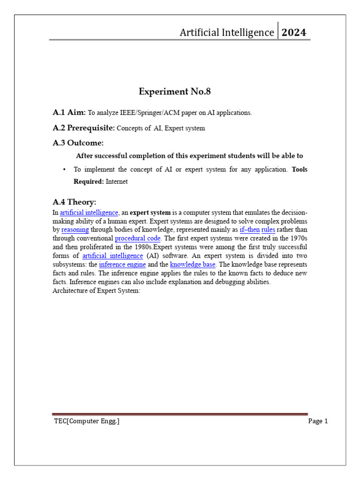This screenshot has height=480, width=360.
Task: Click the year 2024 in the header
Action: (x=294, y=32)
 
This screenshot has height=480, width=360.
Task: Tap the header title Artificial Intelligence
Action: (x=227, y=32)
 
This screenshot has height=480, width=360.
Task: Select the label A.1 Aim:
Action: (x=69, y=112)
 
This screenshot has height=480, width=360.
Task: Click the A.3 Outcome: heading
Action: (x=78, y=142)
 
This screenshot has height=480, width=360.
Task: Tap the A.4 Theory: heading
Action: (x=75, y=202)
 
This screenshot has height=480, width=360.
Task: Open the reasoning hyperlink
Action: (x=75, y=230)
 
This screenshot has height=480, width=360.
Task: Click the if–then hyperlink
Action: (x=249, y=230)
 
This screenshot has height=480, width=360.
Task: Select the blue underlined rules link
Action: (x=268, y=230)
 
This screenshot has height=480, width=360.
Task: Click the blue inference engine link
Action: (x=123, y=264)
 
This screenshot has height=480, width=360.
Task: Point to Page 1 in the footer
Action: (x=318, y=421)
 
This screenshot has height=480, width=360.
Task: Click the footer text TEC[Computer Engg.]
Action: (x=86, y=421)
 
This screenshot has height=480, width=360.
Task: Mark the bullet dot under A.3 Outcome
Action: (x=63, y=169)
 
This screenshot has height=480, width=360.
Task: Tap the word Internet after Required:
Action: (x=117, y=181)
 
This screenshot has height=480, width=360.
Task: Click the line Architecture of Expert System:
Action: (x=97, y=291)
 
